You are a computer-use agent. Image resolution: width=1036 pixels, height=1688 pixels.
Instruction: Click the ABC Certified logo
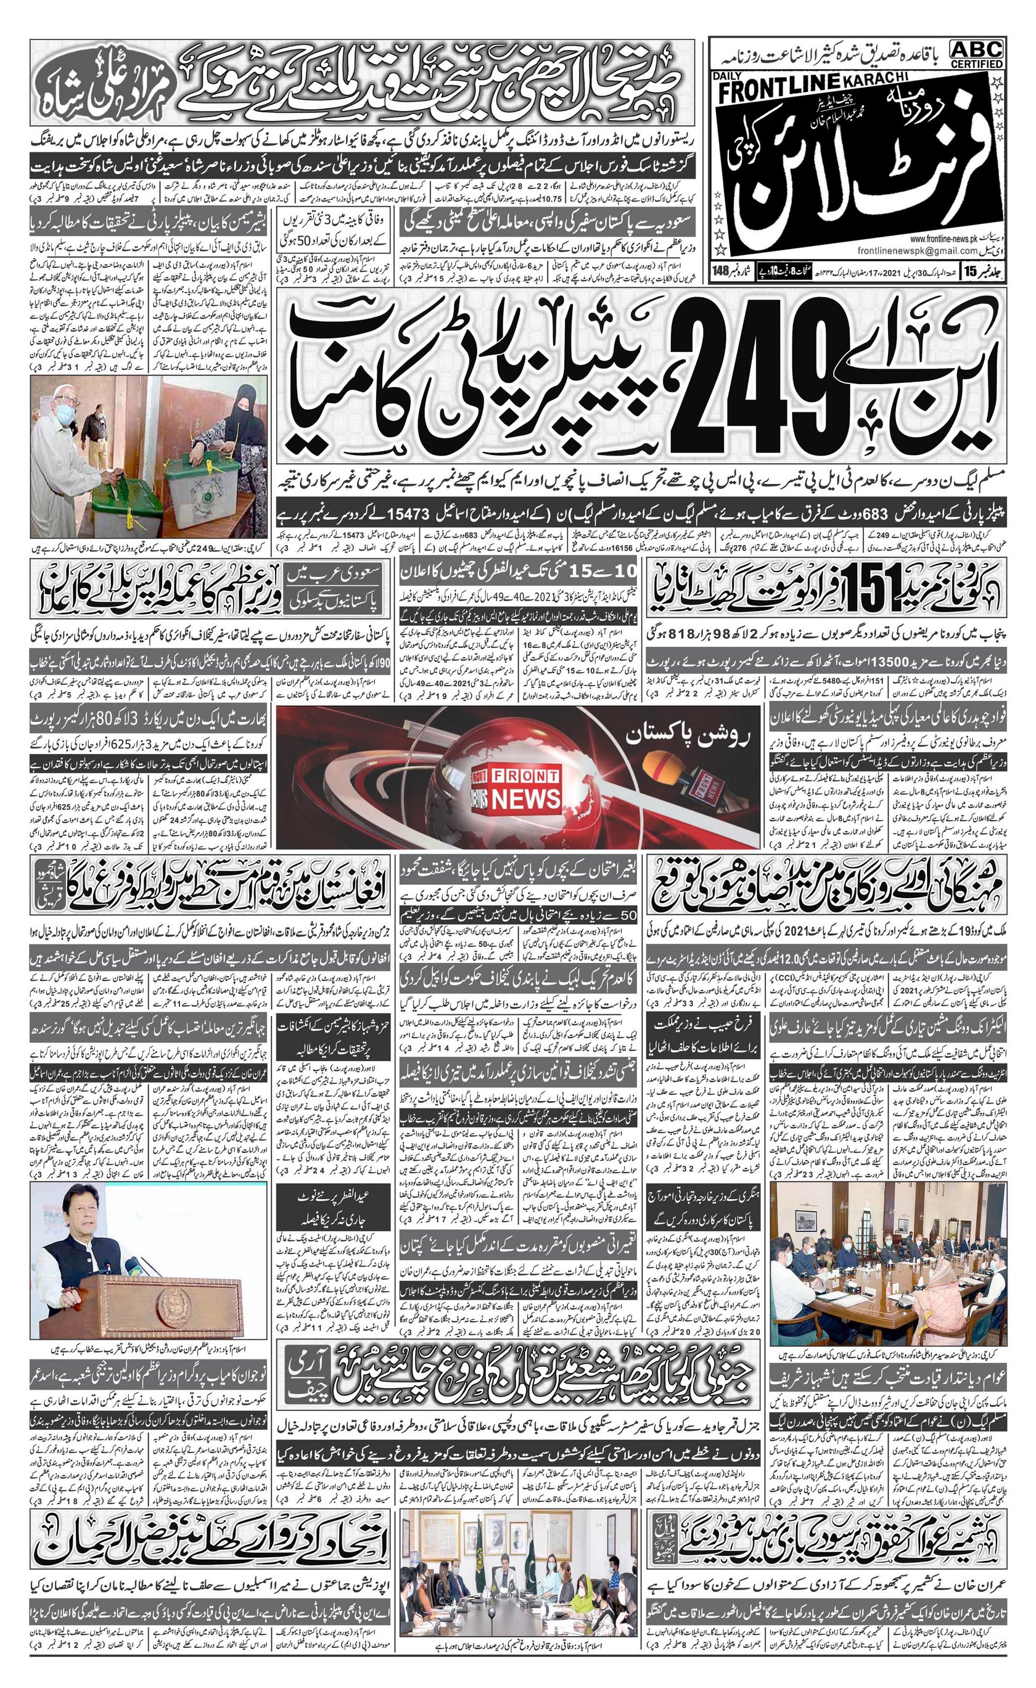pos(976,54)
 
